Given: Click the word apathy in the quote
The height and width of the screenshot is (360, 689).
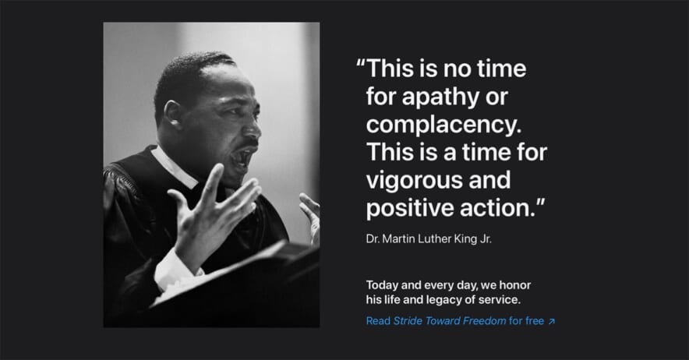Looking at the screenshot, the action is click(440, 97).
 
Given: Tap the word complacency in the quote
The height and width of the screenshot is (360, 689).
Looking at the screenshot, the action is click(443, 125).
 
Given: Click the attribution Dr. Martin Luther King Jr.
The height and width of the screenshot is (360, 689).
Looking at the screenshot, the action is click(429, 239).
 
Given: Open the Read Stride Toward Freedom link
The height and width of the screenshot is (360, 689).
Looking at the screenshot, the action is click(461, 321).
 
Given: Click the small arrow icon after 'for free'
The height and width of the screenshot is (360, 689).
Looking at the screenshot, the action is click(552, 321).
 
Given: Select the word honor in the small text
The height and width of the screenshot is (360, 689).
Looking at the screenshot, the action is click(515, 285).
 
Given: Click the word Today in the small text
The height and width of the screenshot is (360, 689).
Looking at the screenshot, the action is click(382, 285).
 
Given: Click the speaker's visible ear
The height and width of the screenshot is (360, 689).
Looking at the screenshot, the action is click(171, 115).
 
